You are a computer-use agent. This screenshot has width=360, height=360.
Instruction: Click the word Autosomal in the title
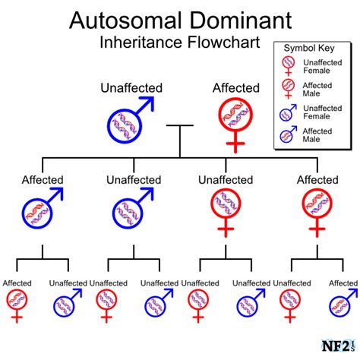(x=125, y=21)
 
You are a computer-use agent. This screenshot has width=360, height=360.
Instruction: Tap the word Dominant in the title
(x=241, y=21)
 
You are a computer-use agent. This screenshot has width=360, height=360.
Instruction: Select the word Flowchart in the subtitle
(x=223, y=42)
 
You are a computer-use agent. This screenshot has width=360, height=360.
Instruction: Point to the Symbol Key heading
(x=309, y=48)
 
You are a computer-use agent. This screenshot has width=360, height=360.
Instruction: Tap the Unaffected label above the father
(x=131, y=88)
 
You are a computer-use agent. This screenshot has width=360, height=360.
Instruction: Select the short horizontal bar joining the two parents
(x=180, y=125)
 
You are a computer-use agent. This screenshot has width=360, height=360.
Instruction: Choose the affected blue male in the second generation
(x=42, y=208)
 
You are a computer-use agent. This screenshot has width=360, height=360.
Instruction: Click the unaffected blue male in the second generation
(x=133, y=208)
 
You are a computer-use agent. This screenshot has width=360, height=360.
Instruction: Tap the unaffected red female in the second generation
(x=226, y=213)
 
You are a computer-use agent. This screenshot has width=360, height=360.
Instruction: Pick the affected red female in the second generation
(x=317, y=213)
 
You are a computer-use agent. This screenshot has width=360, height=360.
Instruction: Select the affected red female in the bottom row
(x=17, y=306)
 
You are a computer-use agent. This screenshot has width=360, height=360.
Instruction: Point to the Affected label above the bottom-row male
(x=343, y=283)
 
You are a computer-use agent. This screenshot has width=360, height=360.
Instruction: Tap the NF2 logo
(x=338, y=346)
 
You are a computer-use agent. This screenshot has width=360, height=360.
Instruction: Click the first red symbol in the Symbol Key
(x=289, y=66)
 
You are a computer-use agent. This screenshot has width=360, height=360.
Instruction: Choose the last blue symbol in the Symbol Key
(x=288, y=134)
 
